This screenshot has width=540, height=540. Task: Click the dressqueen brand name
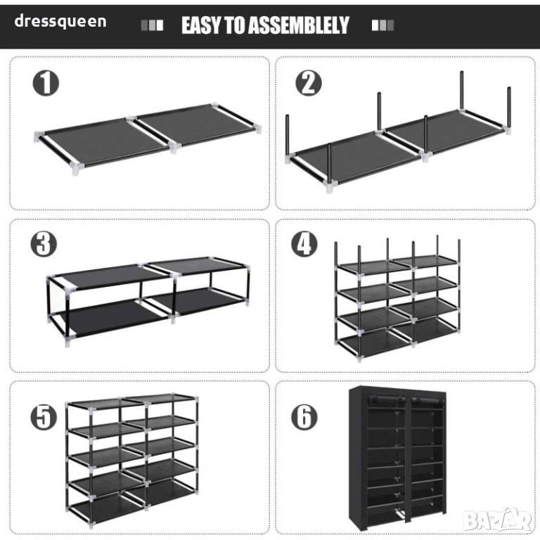[60, 21]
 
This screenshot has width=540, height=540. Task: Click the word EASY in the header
[202, 25]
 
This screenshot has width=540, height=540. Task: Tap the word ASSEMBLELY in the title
[299, 25]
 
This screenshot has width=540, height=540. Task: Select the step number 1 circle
[46, 84]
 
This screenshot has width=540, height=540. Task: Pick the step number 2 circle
[309, 84]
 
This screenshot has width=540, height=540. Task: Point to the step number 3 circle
[44, 244]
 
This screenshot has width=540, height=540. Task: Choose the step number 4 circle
[304, 244]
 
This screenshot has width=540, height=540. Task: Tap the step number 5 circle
[44, 417]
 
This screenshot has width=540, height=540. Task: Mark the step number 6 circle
[304, 417]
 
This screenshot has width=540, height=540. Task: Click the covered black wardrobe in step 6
[398, 459]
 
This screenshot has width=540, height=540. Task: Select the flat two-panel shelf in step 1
[148, 139]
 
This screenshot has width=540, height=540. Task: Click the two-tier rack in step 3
[148, 301]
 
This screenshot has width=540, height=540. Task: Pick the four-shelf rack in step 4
[397, 298]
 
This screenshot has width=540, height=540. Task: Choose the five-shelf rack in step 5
[132, 461]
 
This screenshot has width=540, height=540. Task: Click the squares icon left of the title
[152, 25]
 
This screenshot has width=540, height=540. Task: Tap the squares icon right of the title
[382, 25]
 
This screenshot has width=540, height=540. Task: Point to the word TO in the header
[236, 25]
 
